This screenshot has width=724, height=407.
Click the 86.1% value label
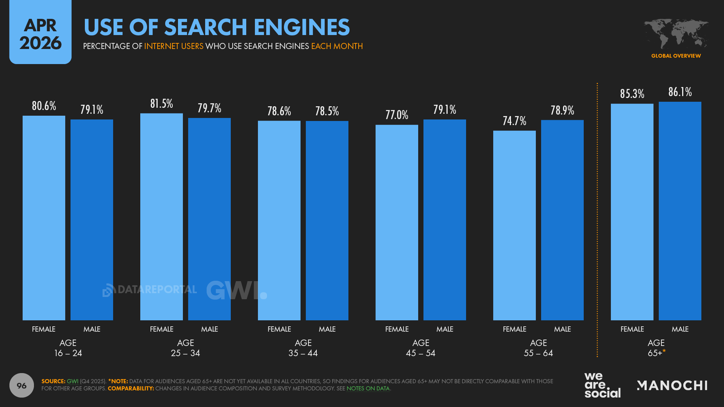pyautogui.click(x=680, y=92)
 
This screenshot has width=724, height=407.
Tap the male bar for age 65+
pyautogui.click(x=680, y=211)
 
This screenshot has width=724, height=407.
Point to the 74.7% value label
pyautogui.click(x=514, y=121)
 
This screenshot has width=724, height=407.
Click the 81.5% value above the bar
pyautogui.click(x=161, y=104)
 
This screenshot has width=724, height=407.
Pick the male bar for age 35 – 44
pyautogui.click(x=327, y=220)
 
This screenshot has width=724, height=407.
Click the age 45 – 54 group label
pyautogui.click(x=420, y=348)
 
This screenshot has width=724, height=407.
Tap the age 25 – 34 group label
pyautogui.click(x=185, y=348)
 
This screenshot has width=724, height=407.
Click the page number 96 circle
pyautogui.click(x=21, y=385)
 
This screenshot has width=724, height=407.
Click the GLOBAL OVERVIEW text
pyautogui.click(x=676, y=56)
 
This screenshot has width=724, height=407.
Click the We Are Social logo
pyautogui.click(x=602, y=385)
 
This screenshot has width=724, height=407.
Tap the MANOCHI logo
pyautogui.click(x=672, y=385)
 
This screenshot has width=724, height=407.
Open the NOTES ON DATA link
pyautogui.click(x=368, y=389)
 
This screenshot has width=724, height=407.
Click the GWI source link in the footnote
pyautogui.click(x=72, y=381)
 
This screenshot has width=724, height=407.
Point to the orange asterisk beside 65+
pyautogui.click(x=664, y=351)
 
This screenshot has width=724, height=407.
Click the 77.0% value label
pyautogui.click(x=397, y=115)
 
